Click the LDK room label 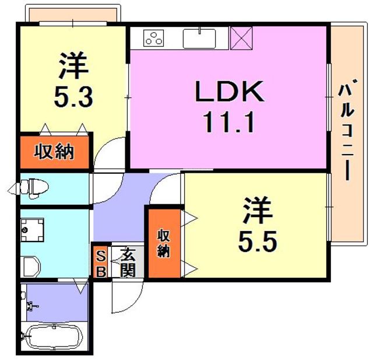coord(230,91)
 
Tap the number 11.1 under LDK coord(228,123)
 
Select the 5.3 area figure coord(73,96)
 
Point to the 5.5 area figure coord(258,241)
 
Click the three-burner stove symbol coord(154,38)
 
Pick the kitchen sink coord(199,39)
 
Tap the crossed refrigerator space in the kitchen coord(241,38)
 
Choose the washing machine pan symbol coord(32,230)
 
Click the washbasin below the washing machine coord(30,267)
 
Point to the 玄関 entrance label coord(128,263)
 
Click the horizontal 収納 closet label coord(54,152)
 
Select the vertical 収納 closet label coord(164,243)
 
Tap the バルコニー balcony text coord(347,132)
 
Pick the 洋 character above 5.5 coord(258,210)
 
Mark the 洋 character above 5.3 coord(74,65)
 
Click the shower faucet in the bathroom coord(32,306)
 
